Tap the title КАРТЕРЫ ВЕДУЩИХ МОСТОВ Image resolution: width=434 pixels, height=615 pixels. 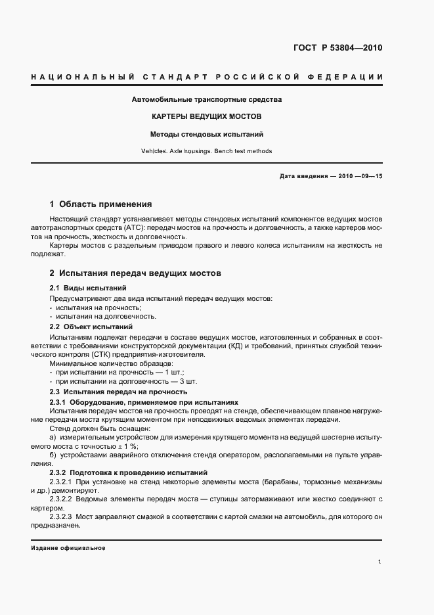(x=207, y=116)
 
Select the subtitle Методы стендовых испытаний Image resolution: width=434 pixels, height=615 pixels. (x=207, y=133)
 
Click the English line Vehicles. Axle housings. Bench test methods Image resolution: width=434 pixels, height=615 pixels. (x=207, y=151)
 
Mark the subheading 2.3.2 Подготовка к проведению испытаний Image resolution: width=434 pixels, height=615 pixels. (x=128, y=472)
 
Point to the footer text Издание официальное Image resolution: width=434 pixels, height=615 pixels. (x=68, y=548)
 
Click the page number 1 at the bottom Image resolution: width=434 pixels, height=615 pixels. (x=380, y=562)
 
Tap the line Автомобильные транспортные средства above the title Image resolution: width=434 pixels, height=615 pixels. (x=207, y=99)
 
